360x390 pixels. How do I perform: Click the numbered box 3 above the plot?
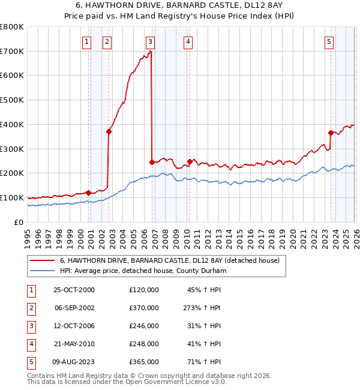pos(149,41)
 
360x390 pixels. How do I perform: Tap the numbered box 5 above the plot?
pos(329,41)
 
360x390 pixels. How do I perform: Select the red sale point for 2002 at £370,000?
pos(109,131)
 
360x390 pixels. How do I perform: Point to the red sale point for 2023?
pos(331,133)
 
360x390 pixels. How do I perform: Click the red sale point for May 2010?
pos(190,161)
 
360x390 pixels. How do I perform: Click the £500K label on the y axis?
pos(12,100)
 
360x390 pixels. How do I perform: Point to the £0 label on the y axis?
pos(19,222)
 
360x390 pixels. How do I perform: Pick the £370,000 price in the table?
pos(143,308)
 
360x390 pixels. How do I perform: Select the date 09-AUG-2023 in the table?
pos(74,362)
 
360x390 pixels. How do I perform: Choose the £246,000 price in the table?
pos(143,326)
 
